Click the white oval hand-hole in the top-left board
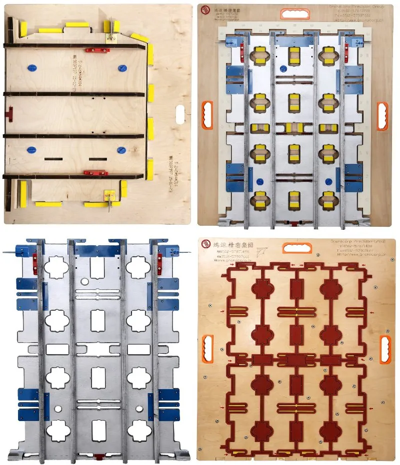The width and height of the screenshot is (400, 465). point(178,112)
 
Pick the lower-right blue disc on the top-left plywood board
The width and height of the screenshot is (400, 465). point(120,149)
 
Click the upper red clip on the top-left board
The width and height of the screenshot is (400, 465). point(97,49)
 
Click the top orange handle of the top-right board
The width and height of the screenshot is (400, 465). point(295,13)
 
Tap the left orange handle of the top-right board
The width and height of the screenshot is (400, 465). point(207,115)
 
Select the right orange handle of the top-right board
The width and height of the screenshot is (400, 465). point(382,116)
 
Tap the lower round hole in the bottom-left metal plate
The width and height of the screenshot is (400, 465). point(57,409)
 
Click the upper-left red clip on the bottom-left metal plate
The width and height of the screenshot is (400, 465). point(34,260)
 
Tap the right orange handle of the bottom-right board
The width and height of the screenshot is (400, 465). point(385,349)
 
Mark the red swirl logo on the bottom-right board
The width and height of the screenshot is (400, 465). point(205,244)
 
